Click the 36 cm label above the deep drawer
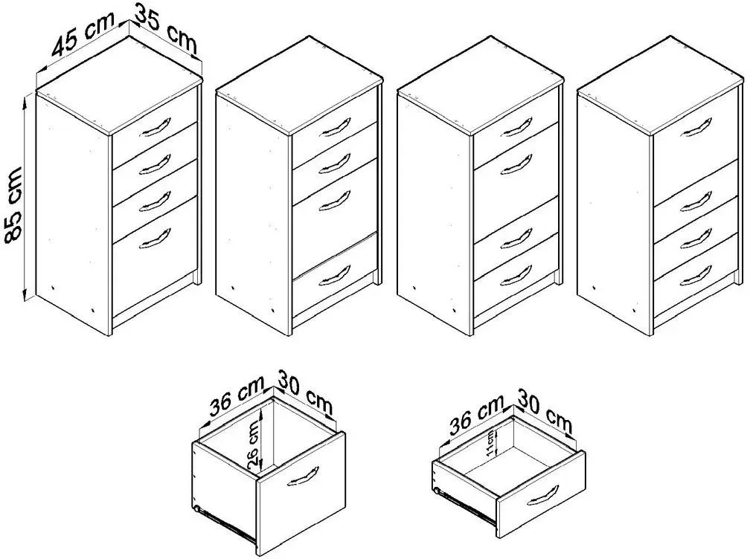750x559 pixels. (x=237, y=395)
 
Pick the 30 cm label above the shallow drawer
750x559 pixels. (x=545, y=411)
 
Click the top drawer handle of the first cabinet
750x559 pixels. (x=155, y=127)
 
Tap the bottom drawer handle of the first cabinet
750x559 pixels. (x=155, y=239)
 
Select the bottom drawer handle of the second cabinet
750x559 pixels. (x=335, y=277)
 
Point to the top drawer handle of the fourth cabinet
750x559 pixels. (x=696, y=127)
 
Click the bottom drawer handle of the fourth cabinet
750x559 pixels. (x=696, y=277)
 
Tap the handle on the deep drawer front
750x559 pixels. (x=303, y=476)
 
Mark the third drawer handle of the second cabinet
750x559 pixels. (x=335, y=201)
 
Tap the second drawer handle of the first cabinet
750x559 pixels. (x=155, y=164)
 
